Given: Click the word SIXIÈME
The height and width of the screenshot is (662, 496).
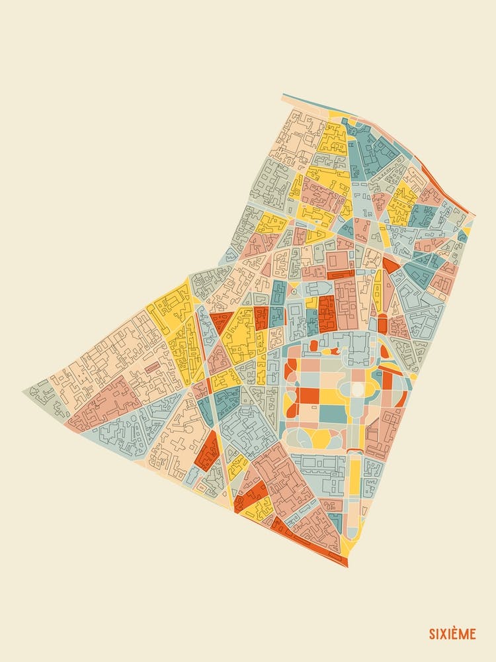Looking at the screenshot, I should [x=452, y=634].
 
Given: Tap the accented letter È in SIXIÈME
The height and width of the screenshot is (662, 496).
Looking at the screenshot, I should [x=457, y=634].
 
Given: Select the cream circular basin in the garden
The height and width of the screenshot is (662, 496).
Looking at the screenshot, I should [x=357, y=390].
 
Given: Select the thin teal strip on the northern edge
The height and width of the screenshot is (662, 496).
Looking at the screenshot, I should [x=311, y=105].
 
